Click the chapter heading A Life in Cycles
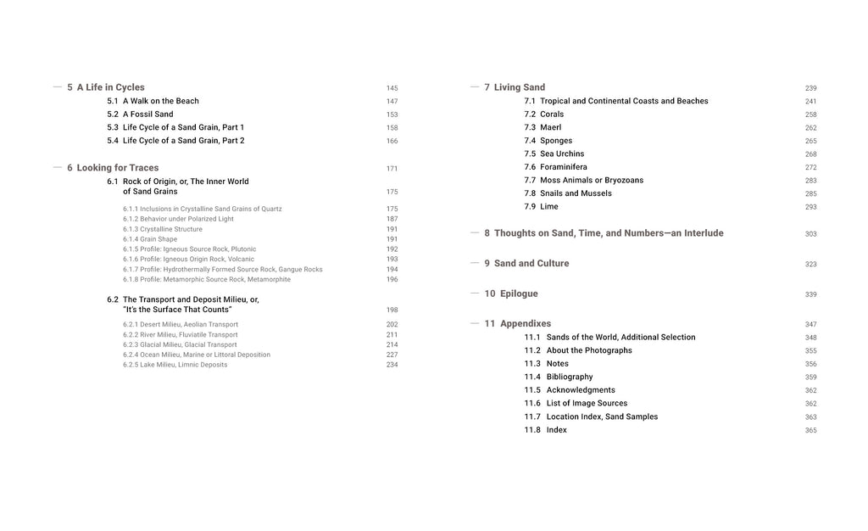(110, 87)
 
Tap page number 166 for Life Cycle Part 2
(392, 142)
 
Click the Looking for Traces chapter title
(117, 168)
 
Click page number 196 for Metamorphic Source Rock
(392, 280)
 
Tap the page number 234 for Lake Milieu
(392, 366)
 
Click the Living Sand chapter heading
(520, 87)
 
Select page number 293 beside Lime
(810, 208)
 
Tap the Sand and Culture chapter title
(531, 264)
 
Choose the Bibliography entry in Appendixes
(570, 377)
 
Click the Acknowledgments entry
(581, 390)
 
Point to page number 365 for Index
(810, 431)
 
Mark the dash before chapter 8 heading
(475, 232)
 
